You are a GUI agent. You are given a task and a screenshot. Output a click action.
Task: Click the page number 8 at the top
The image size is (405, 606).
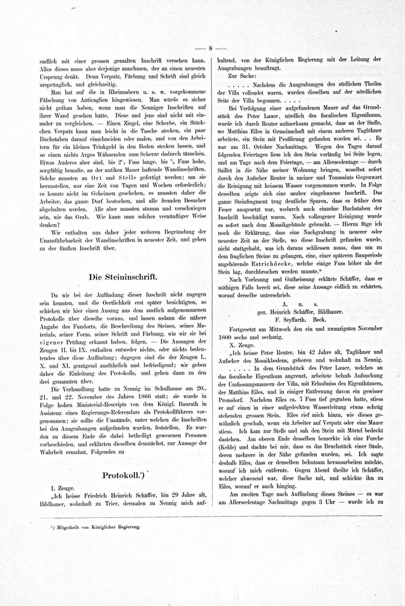[211, 49]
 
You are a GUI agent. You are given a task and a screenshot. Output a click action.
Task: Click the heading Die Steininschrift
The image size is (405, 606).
[123, 277]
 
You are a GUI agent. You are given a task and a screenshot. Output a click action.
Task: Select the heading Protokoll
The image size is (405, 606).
[123, 475]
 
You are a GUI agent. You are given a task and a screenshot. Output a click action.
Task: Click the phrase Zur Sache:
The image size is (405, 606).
[242, 76]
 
